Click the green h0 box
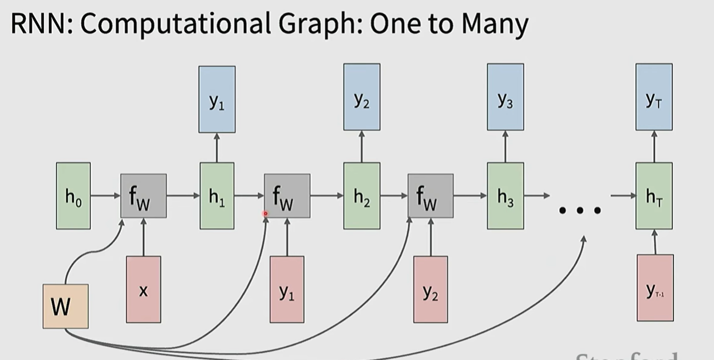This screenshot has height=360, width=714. click(73, 196)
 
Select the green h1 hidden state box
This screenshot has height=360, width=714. click(217, 196)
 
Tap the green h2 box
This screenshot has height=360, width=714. click(361, 196)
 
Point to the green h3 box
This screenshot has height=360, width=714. click(505, 196)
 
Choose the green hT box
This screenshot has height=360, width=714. click(654, 196)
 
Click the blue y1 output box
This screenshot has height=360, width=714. click(217, 99)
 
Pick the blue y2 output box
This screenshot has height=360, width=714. click(361, 97)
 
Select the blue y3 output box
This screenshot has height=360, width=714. click(505, 97)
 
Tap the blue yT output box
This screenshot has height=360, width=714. click(654, 97)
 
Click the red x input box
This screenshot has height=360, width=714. click(143, 289)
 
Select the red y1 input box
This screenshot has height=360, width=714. click(287, 289)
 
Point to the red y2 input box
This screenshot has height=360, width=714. click(430, 289)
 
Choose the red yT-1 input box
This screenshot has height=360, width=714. click(655, 288)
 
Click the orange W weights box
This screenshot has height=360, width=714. click(65, 306)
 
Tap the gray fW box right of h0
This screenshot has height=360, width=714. click(143, 196)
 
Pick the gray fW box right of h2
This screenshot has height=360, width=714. click(430, 196)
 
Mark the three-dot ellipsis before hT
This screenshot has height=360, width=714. click(580, 210)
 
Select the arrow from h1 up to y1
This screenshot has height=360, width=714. click(217, 148)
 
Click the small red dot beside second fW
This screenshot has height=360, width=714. click(266, 213)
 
